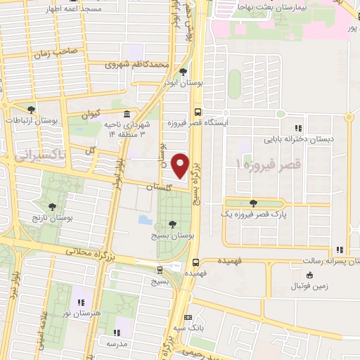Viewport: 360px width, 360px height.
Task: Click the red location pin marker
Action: (180, 166)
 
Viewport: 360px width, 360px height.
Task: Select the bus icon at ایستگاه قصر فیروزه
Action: (199, 111)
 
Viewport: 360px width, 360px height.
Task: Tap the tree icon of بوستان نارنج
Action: (52, 206)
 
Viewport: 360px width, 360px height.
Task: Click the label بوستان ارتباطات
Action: (31, 121)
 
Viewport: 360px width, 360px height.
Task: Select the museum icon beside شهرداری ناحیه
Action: (126, 114)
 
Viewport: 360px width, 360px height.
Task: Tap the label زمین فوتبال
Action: (314, 286)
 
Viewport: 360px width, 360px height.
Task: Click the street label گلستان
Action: (160, 188)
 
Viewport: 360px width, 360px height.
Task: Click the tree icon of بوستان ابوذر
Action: (183, 72)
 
